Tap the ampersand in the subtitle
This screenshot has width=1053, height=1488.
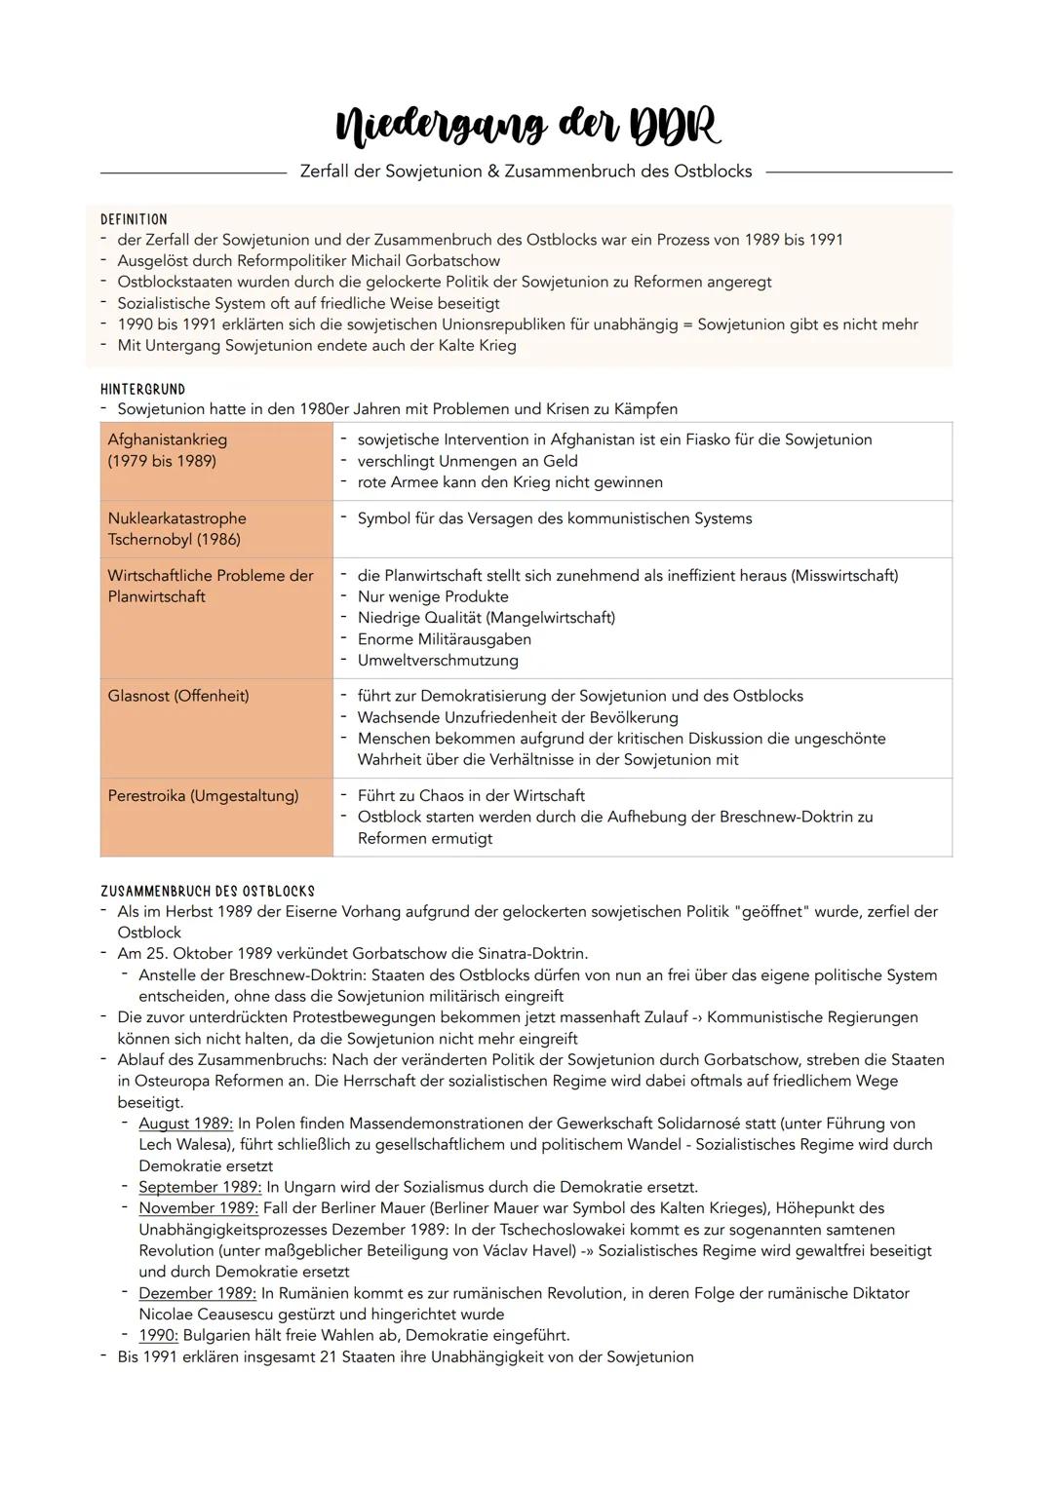point(493,172)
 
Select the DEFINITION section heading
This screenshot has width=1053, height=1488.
point(134,219)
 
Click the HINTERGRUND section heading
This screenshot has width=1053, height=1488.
point(142,389)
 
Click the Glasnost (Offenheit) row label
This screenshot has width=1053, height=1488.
point(178,696)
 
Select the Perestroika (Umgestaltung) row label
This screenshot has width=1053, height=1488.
point(203,796)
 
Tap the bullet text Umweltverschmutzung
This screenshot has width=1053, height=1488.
point(438,661)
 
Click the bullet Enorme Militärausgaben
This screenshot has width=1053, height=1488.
point(445,639)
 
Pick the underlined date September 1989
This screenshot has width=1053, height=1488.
point(200,1187)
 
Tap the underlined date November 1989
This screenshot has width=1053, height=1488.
point(198,1208)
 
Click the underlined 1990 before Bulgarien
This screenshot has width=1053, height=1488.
point(158,1336)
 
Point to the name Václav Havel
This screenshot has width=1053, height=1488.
point(534,1251)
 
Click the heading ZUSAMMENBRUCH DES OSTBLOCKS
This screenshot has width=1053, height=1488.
point(208,892)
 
